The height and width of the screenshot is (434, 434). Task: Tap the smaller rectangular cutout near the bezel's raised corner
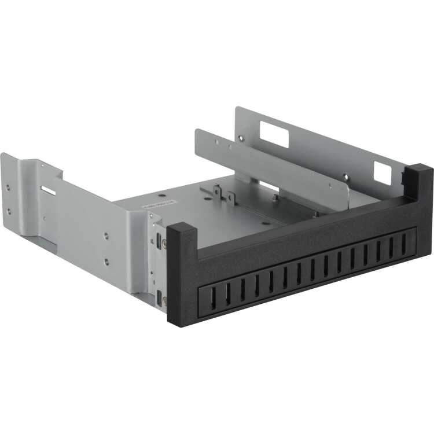[382, 172]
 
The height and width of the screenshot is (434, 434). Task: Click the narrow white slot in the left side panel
[49, 190]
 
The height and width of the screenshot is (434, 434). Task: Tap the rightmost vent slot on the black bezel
[404, 244]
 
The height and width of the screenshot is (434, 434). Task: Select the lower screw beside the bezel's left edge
[164, 300]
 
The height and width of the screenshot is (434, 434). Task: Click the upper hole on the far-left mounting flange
[9, 187]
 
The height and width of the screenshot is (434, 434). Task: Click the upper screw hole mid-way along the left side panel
[106, 236]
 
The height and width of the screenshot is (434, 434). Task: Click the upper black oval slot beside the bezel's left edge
[158, 240]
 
